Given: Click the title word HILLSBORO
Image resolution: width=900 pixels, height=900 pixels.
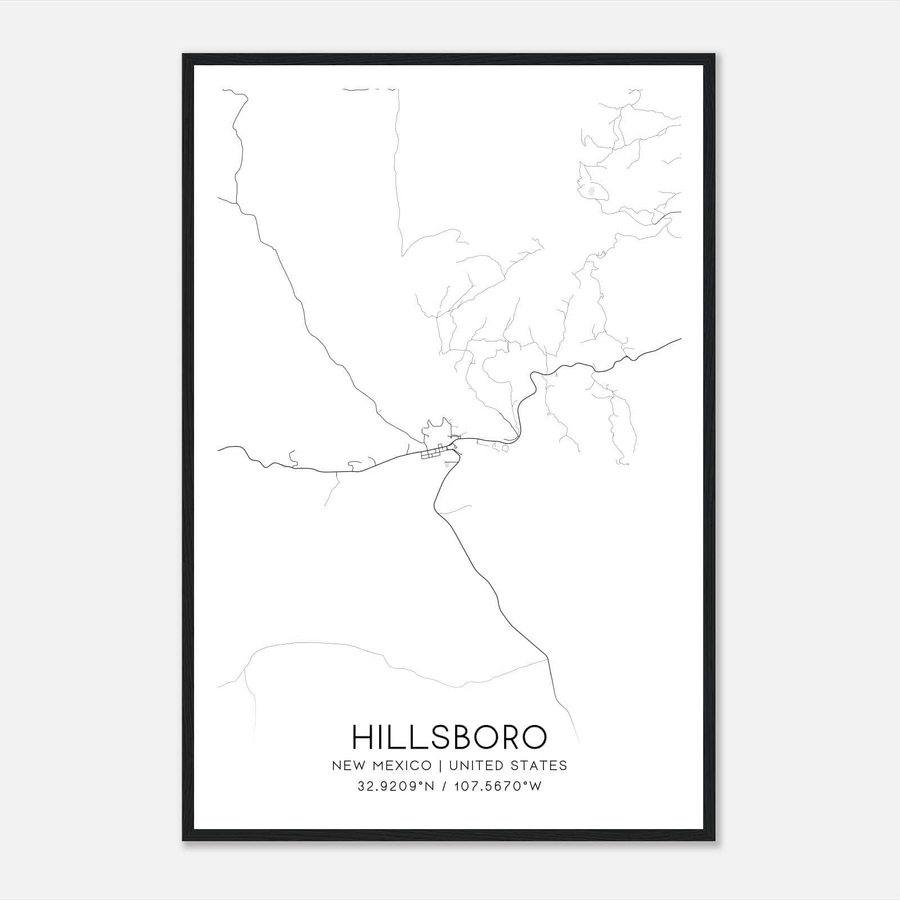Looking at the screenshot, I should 449,737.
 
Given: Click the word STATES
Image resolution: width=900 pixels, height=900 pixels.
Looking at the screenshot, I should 541,766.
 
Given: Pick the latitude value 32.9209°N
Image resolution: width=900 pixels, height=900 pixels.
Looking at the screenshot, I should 396,786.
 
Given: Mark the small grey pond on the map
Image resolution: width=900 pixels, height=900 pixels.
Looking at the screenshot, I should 591,192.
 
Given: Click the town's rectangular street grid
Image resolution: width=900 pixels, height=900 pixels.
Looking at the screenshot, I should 432,453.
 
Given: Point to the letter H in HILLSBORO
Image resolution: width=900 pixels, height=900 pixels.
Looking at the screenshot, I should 362,737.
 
